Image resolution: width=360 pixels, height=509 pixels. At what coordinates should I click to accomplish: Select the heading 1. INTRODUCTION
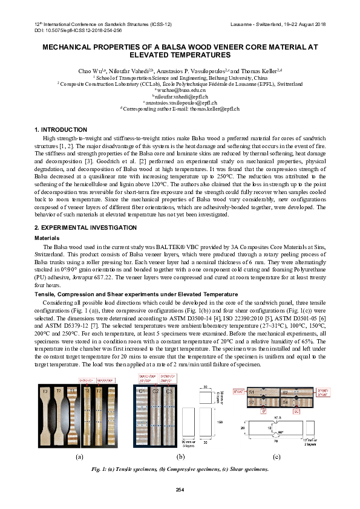coord(61,130)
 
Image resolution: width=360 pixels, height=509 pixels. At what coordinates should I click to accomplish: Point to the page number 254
coord(180,488)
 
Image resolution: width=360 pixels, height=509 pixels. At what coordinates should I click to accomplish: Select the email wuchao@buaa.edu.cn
coord(180,90)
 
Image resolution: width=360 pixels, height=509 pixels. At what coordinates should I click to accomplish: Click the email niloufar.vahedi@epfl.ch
coord(180,96)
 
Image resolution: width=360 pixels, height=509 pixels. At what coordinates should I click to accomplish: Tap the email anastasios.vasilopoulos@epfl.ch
coord(180,103)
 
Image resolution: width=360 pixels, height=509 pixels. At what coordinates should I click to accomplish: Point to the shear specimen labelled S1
coord(252,393)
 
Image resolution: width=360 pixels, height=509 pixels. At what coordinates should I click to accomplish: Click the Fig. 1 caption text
coord(180,469)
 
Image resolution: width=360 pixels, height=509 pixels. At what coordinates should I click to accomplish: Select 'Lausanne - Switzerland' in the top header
coord(256,23)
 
